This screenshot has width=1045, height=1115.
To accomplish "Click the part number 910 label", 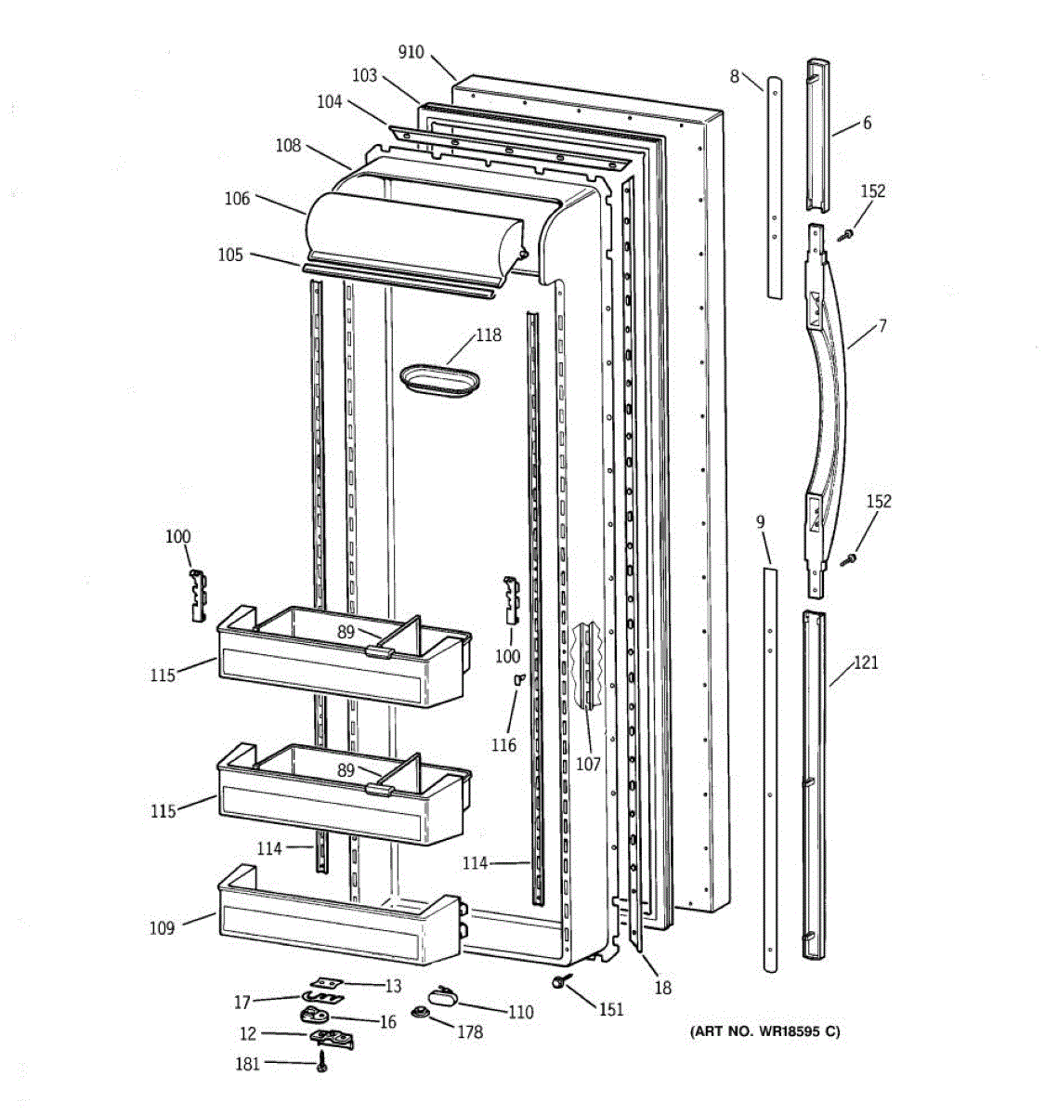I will (x=411, y=52).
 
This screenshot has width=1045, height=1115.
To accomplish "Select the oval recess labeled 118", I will (x=440, y=381).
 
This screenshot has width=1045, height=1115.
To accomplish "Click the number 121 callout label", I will (x=865, y=662).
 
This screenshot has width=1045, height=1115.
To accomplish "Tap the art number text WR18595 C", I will (x=764, y=1031).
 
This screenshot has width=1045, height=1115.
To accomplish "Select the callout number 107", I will (x=588, y=764).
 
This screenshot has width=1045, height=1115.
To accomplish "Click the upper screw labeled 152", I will (x=845, y=237).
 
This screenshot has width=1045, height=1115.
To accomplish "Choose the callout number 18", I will (x=662, y=988).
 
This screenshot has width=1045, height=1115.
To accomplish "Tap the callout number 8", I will (x=734, y=76).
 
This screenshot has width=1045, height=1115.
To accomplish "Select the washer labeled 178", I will (x=419, y=1012).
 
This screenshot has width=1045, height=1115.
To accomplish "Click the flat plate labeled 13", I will (x=324, y=983).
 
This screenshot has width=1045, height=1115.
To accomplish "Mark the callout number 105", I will (x=231, y=255).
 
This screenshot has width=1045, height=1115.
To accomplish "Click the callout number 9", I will (x=760, y=522).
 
